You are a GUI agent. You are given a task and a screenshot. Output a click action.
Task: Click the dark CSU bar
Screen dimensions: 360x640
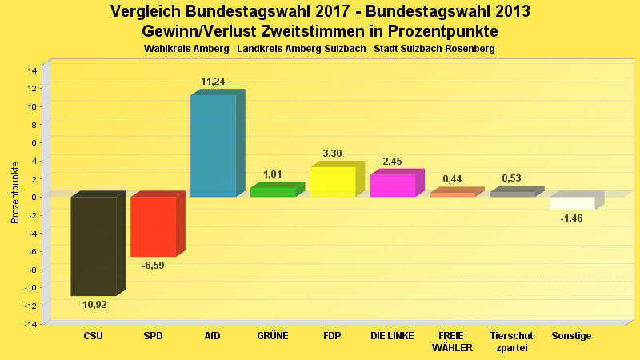click(94, 246)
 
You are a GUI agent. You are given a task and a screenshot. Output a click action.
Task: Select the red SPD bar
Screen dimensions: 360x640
click(153, 226)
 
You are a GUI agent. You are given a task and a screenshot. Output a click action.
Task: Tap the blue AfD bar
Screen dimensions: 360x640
click(213, 146)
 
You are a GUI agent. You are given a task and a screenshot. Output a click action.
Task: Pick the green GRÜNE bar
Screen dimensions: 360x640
click(273, 192)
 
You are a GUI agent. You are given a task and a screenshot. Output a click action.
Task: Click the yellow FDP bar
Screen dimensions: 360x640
click(333, 182)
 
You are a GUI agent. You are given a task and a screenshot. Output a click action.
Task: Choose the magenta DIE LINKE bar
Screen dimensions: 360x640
click(392, 186)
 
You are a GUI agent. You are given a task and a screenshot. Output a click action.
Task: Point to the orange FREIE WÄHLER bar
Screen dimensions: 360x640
click(452, 194)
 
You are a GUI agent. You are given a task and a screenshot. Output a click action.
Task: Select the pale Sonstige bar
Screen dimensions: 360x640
click(572, 203)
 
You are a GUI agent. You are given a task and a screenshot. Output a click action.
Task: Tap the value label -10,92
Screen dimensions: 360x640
click(93, 305)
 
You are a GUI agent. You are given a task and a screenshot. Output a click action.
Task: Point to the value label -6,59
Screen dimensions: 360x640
click(153, 266)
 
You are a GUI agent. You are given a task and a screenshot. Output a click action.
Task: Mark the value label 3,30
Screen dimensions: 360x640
click(332, 154)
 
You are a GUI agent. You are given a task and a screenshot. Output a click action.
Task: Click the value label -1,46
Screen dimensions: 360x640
click(571, 218)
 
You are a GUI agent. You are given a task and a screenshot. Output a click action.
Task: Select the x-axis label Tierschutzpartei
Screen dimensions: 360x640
click(512, 342)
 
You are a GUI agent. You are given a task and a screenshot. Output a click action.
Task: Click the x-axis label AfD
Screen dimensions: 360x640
click(213, 336)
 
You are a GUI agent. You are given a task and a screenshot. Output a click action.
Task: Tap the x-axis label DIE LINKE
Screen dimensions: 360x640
click(392, 336)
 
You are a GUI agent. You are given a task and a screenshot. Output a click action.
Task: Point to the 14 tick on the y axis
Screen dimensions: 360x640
click(32, 70)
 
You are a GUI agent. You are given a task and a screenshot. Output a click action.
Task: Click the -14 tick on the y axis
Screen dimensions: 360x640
click(30, 324)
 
